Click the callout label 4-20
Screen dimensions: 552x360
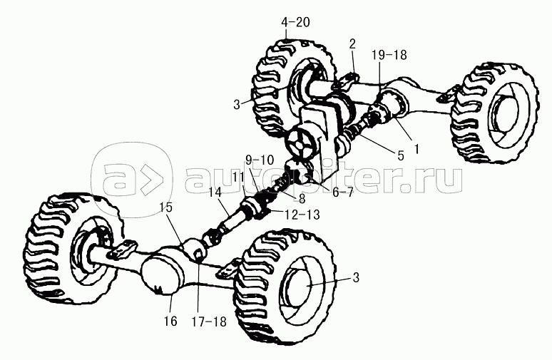point(296,23)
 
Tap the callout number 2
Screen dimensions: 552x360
point(352,44)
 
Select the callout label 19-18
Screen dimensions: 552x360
point(389,55)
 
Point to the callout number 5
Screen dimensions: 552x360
point(401,155)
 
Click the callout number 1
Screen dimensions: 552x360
point(416,149)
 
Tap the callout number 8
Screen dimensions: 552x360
point(302,199)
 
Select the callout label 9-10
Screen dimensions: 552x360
point(260,160)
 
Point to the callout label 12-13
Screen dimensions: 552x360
point(303,215)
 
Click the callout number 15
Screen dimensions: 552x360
point(165,207)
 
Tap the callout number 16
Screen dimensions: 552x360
point(170,322)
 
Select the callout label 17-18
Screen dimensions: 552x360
point(209,322)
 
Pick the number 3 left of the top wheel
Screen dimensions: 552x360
point(237,105)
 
